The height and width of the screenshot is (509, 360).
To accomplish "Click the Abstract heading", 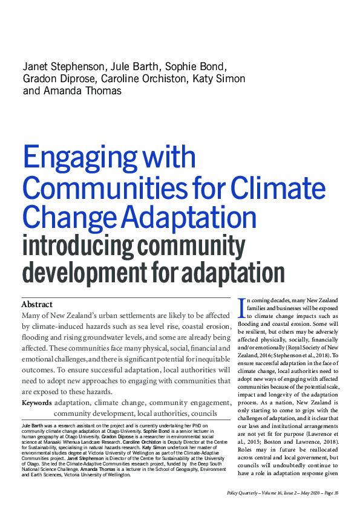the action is tap(37, 304).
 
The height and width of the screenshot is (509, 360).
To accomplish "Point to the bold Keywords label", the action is tap(36, 403).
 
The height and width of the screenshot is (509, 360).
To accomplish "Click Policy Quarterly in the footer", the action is tap(240, 494).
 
